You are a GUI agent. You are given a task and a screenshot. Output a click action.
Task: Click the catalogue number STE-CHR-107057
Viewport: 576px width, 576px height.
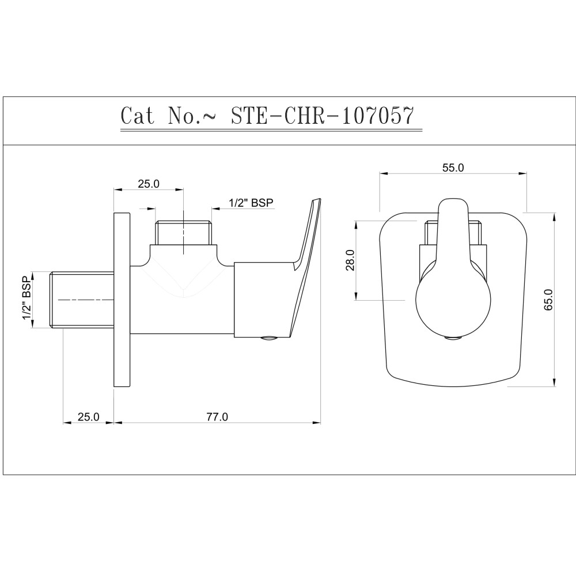(322, 116)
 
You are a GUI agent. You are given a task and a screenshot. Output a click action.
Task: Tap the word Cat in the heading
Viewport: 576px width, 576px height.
(138, 116)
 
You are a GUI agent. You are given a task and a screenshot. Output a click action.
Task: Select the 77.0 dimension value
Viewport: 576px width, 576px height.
(217, 417)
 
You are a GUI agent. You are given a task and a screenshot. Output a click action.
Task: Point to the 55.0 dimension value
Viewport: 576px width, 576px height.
(453, 168)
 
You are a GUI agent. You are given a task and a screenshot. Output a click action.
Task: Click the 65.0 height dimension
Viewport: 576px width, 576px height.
(548, 300)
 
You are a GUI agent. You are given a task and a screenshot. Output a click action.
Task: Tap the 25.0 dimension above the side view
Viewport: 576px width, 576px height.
(149, 184)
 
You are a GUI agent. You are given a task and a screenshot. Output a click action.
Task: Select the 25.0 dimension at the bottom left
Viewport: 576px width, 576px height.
(88, 417)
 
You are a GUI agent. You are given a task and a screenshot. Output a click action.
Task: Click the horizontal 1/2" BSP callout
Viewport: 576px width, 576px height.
(251, 203)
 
